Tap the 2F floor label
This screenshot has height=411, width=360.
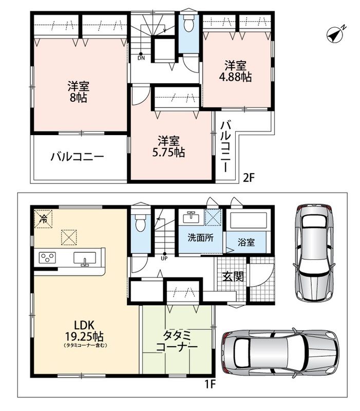(249, 178)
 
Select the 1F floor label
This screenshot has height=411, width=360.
(210, 384)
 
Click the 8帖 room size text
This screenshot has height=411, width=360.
(79, 98)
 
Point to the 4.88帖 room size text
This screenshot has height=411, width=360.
(235, 77)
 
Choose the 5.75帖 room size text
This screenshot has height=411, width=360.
(169, 152)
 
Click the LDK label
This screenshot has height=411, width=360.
(84, 325)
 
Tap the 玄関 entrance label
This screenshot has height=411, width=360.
(233, 276)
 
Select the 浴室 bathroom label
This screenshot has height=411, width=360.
(246, 242)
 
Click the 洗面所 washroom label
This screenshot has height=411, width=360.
(200, 238)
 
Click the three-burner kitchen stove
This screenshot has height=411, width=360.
(47, 257)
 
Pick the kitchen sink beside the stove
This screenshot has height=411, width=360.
(85, 258)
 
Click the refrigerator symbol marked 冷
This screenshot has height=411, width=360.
(43, 219)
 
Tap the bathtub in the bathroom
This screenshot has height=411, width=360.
(248, 221)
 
